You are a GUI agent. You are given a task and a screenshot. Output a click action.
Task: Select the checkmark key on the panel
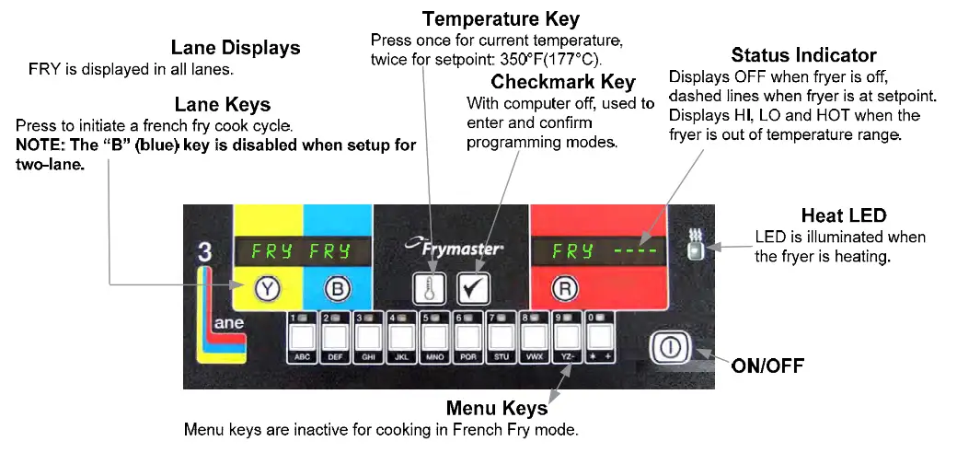(474, 288)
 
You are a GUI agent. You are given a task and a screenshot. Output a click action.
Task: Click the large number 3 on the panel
(205, 255)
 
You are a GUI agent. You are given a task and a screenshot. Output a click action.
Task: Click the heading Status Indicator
(803, 56)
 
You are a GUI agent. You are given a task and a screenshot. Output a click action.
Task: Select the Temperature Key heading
(501, 18)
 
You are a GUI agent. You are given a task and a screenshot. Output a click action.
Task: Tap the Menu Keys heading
(496, 408)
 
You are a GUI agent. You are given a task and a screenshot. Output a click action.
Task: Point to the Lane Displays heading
(236, 48)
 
